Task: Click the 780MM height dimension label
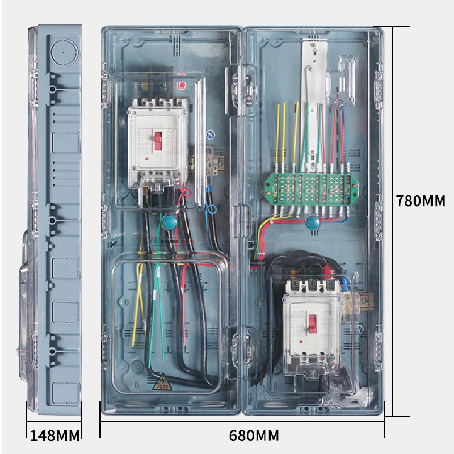[420, 201]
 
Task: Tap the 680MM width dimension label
[254, 436]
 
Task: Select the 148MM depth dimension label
[55, 436]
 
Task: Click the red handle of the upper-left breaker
[158, 141]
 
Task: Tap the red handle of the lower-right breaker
[312, 324]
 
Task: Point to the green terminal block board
[311, 189]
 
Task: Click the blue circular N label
[211, 135]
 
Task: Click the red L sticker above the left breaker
[181, 85]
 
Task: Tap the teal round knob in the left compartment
[170, 222]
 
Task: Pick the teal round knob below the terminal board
[312, 223]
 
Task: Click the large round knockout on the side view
[64, 53]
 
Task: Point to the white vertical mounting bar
[313, 104]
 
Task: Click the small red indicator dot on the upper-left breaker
[147, 159]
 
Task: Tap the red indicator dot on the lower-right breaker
[301, 341]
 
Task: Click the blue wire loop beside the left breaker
[211, 208]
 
